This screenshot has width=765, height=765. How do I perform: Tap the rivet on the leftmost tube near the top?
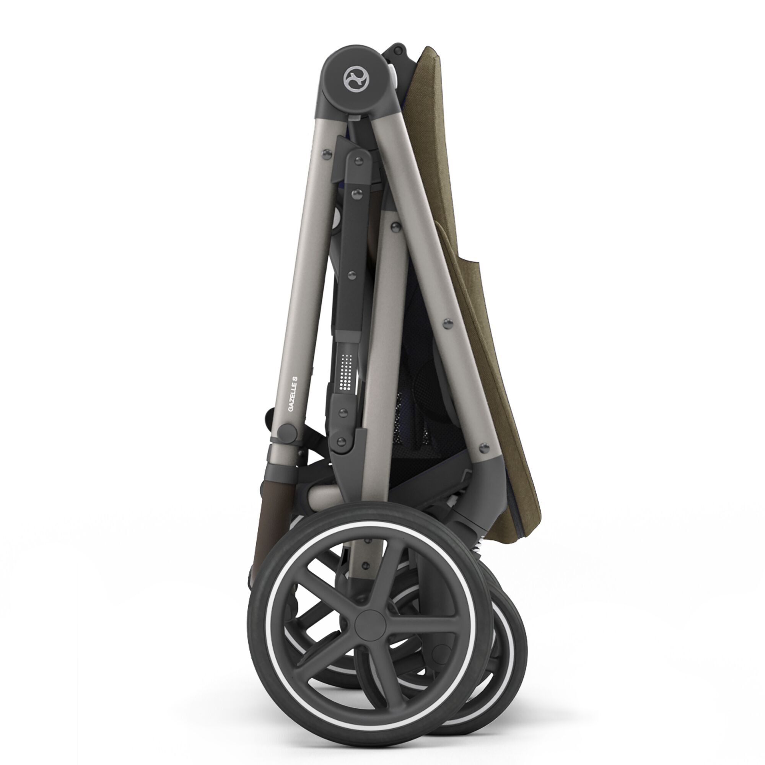click(327, 155)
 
